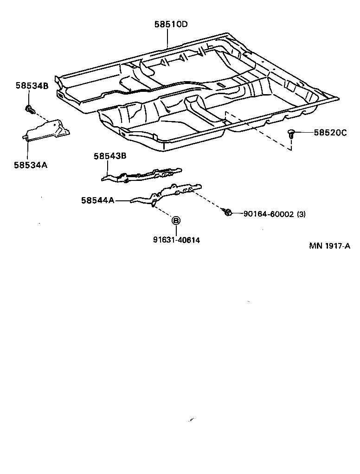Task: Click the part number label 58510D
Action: [x=171, y=24]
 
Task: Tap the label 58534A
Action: [x=31, y=164]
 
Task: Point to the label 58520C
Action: [x=330, y=133]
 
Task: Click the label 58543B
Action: [x=110, y=156]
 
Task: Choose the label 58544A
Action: [x=97, y=200]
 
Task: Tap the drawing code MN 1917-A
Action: [x=329, y=246]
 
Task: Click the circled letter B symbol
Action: [x=176, y=221]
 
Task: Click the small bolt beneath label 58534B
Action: [x=30, y=110]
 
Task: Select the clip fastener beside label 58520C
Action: [x=291, y=134]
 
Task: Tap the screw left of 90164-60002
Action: [x=227, y=212]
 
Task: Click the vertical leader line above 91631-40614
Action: [x=176, y=231]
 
